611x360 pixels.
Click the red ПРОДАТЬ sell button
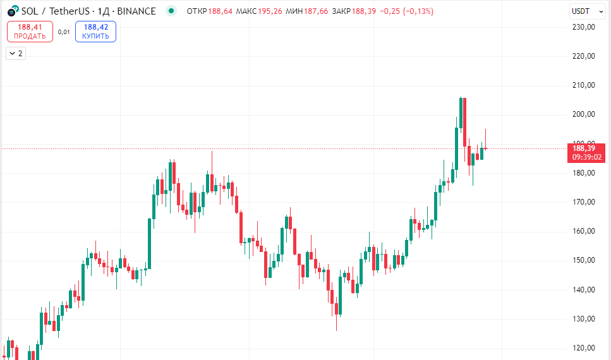pyautogui.click(x=30, y=32)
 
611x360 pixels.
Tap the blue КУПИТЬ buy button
pyautogui.click(x=95, y=32)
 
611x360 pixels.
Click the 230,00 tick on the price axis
pyautogui.click(x=584, y=27)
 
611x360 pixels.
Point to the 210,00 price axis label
pyautogui.click(x=584, y=85)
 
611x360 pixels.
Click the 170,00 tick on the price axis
pyautogui.click(x=584, y=202)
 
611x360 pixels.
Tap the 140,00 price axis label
pyautogui.click(x=584, y=290)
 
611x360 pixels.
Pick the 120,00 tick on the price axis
pyautogui.click(x=584, y=348)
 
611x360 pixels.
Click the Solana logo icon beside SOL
pyautogui.click(x=12, y=11)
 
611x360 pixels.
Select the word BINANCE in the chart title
pyautogui.click(x=136, y=11)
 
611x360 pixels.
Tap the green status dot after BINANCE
pyautogui.click(x=171, y=11)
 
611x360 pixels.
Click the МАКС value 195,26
pyautogui.click(x=270, y=11)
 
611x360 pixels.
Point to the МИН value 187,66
pyautogui.click(x=316, y=11)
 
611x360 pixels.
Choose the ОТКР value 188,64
pyautogui.click(x=219, y=11)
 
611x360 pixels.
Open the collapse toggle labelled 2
pyautogui.click(x=15, y=54)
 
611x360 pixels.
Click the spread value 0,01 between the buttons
pyautogui.click(x=64, y=32)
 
